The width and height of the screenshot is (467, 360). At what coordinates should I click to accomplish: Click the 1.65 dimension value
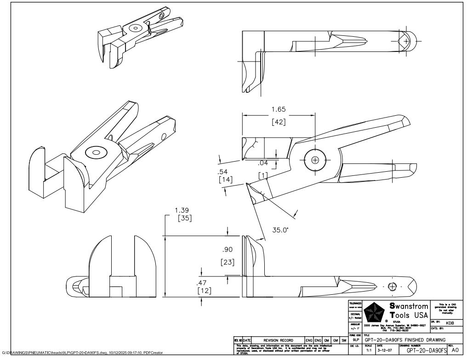pyautogui.click(x=278, y=109)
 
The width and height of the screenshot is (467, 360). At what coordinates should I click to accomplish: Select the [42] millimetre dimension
pyautogui.click(x=278, y=122)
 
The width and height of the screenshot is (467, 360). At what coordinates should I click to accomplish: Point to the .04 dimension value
pyautogui.click(x=263, y=163)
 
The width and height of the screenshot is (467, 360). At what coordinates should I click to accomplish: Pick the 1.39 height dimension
pyautogui.click(x=182, y=210)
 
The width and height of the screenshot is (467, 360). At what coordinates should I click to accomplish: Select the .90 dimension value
pyautogui.click(x=228, y=249)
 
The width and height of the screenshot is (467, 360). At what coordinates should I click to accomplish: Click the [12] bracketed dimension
pyautogui.click(x=204, y=291)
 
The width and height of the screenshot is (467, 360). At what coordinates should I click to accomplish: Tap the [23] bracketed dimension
pyautogui.click(x=228, y=262)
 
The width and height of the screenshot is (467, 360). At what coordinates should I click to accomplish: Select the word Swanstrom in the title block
pyautogui.click(x=409, y=306)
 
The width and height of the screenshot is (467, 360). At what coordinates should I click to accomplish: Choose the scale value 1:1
pyautogui.click(x=369, y=350)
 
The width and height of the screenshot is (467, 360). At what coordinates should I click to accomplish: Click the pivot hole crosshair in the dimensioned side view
pyautogui.click(x=315, y=160)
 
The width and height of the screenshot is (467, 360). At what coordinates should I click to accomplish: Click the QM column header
pyautogui.click(x=326, y=340)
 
